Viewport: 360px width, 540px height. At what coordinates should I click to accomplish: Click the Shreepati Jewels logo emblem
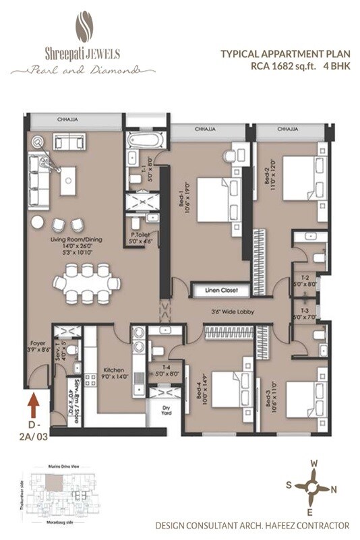pos(84,28)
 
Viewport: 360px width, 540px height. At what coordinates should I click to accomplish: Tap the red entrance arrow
pos(32,407)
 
